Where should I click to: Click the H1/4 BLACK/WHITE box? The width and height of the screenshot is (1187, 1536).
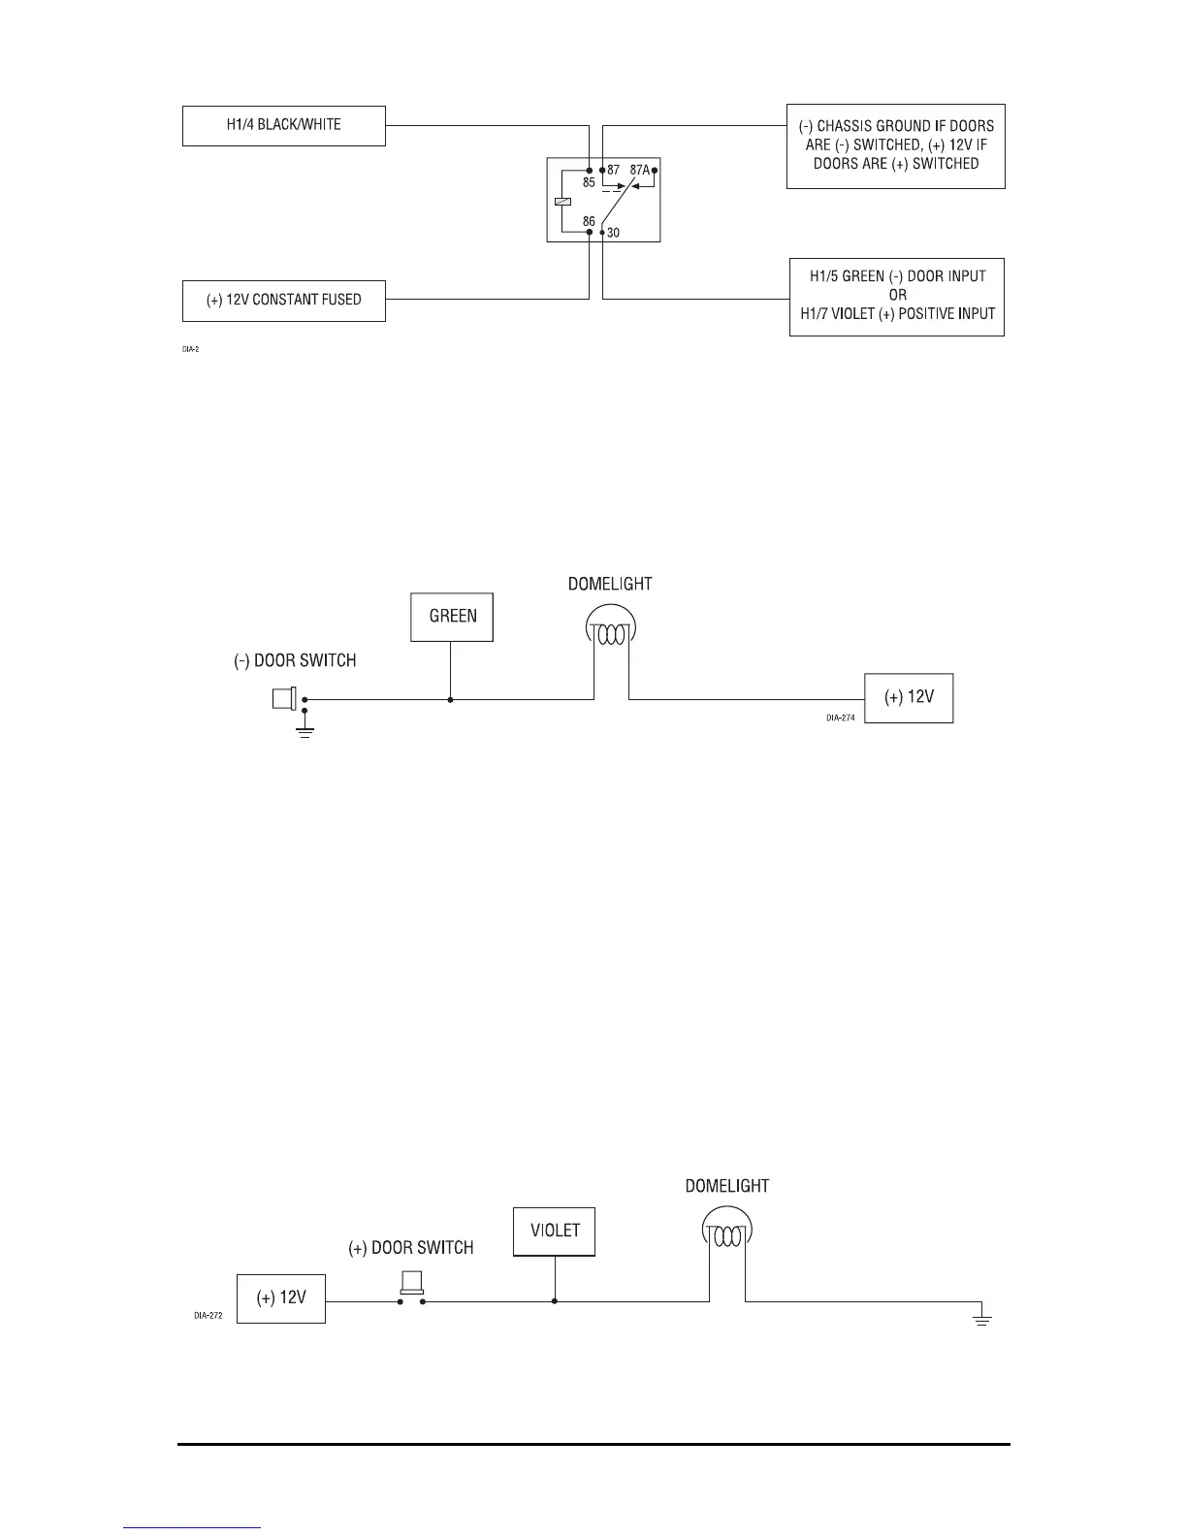283,126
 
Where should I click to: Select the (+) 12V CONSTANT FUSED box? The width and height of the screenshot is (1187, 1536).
283,301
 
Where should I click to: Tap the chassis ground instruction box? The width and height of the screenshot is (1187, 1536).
895,145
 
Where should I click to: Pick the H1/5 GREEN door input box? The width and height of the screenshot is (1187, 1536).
896,297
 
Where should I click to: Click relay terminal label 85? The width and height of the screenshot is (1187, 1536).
589,182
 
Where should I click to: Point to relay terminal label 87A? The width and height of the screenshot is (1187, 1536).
639,170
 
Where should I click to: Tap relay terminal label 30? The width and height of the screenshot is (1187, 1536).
613,233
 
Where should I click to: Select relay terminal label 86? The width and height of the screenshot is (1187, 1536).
589,222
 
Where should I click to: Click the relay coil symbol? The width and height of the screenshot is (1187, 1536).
561,202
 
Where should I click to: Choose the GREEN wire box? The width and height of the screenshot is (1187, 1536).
452,617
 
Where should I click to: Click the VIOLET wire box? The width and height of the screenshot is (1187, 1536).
554,1232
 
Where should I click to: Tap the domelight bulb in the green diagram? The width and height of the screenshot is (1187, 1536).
611,631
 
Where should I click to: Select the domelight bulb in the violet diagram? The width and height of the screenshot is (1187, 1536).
726,1234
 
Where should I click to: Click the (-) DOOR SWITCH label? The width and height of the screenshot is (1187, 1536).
295,661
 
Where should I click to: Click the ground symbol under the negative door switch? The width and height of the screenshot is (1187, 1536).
305,730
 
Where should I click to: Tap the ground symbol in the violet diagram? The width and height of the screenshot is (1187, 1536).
981,1318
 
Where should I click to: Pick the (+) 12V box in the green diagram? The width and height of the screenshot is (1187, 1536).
909,697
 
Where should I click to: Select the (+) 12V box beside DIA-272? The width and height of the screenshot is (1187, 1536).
281,1298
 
